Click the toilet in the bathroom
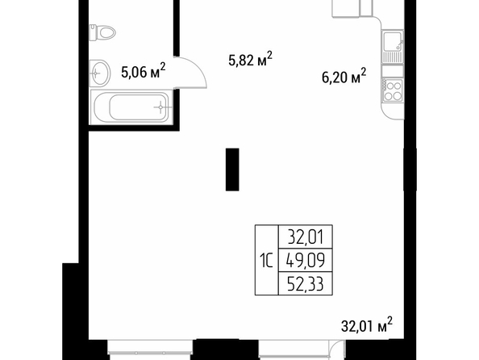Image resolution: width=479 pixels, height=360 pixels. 102,32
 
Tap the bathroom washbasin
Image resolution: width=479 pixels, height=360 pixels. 99,73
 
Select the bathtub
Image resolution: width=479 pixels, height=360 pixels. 131,107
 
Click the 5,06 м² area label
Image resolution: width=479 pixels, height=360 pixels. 144,71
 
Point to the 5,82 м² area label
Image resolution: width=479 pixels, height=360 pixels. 250,59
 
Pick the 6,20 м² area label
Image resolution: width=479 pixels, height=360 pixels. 344,76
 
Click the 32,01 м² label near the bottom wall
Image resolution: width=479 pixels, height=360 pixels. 367,324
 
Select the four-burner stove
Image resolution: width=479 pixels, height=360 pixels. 393,90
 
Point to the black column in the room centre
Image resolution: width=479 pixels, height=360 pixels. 232,170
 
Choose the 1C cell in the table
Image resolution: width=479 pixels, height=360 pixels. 266,260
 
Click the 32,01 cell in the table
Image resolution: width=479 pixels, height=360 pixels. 306,237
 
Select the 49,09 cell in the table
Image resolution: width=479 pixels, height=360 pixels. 306,260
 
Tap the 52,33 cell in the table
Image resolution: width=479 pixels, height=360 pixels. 306,283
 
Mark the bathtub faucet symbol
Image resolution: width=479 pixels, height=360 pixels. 161,107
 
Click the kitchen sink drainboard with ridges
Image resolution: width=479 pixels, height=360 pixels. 393,57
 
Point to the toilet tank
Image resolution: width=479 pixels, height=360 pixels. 94,32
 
